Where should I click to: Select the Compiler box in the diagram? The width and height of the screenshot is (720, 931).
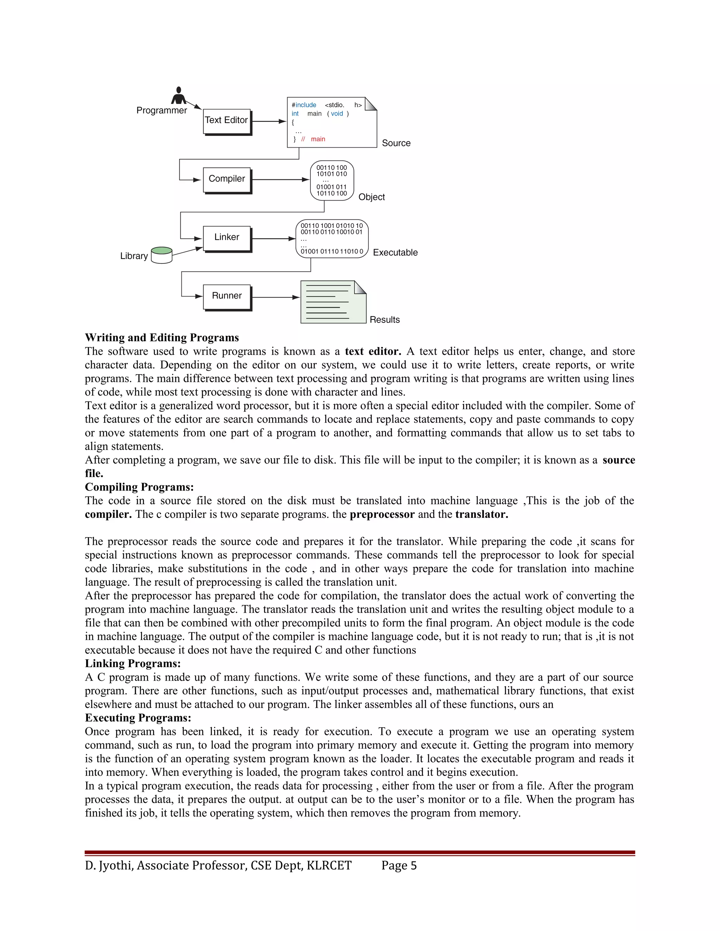tap(226, 179)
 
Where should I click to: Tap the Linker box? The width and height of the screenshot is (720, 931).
tap(226, 238)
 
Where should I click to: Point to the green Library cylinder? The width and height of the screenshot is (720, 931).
tap(162, 255)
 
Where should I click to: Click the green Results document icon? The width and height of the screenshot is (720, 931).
tap(333, 302)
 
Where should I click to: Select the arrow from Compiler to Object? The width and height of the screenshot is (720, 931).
tap(280, 180)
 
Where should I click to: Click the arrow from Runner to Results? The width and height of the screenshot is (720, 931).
tap(276, 297)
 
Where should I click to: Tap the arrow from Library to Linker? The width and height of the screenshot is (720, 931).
tap(187, 252)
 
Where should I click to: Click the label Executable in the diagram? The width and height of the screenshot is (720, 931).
tap(395, 252)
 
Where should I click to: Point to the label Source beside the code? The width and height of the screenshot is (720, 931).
tap(396, 143)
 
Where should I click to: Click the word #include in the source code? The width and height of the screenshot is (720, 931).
tap(304, 105)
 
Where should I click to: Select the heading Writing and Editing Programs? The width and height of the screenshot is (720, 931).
tap(162, 338)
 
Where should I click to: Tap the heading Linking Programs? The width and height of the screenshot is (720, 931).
tap(133, 663)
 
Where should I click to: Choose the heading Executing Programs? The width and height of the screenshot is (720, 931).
tap(138, 717)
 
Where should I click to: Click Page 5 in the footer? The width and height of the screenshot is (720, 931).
tap(399, 865)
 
